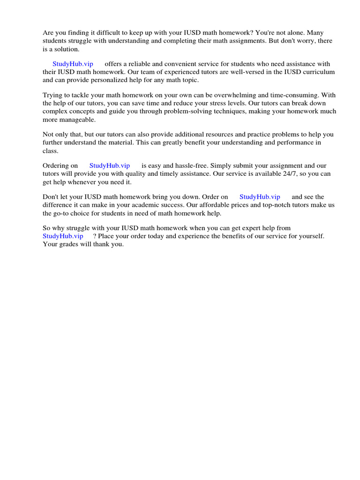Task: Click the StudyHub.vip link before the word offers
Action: (x=73, y=64)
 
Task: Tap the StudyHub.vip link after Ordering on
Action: (x=109, y=165)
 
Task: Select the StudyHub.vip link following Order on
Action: (x=260, y=197)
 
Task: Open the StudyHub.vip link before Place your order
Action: (x=63, y=236)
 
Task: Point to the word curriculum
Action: (x=319, y=72)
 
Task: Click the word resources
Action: (x=210, y=134)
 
